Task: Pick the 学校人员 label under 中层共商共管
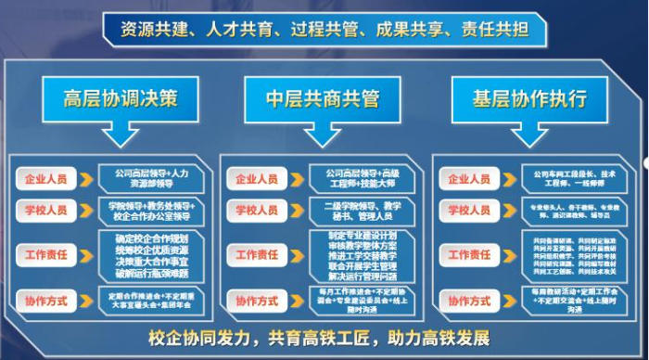[x=256, y=211]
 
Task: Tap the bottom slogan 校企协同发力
[x=324, y=336]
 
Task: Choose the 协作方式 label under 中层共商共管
[x=256, y=302]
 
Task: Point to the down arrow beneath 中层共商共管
[x=324, y=136]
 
